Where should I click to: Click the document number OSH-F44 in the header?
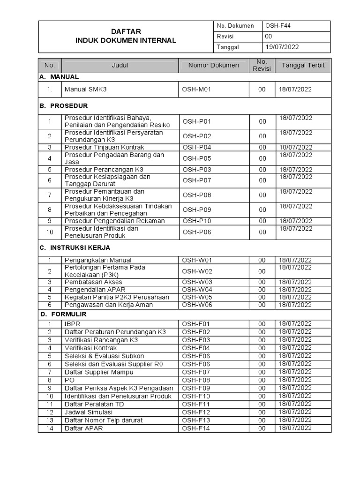(278, 26)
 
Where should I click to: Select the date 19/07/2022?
(282, 47)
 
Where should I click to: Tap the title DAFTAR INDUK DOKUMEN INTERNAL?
(126, 36)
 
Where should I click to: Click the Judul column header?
(120, 66)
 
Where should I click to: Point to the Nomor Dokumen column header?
(213, 66)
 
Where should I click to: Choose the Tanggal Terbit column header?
(303, 66)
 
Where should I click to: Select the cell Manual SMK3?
(86, 89)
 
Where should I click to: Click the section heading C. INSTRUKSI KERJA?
(75, 247)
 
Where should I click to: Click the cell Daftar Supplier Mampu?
(99, 372)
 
